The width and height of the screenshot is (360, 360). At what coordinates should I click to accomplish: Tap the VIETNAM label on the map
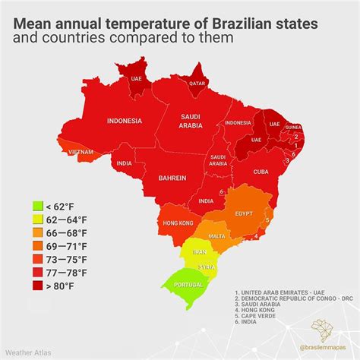point(81,152)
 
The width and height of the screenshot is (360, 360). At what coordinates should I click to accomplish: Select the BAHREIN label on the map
point(172,178)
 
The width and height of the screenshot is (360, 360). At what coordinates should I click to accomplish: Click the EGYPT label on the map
point(245,215)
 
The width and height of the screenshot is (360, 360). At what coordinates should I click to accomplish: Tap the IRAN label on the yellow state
point(200,251)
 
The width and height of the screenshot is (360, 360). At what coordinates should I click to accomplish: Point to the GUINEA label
point(293,128)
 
